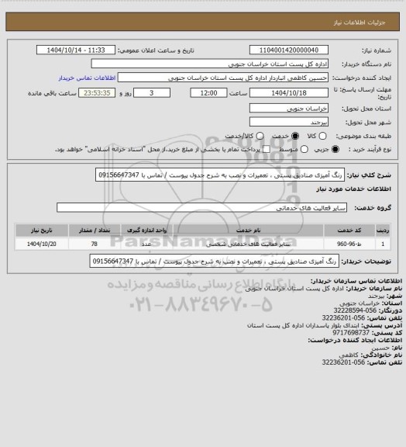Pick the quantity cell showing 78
pos(93,243)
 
